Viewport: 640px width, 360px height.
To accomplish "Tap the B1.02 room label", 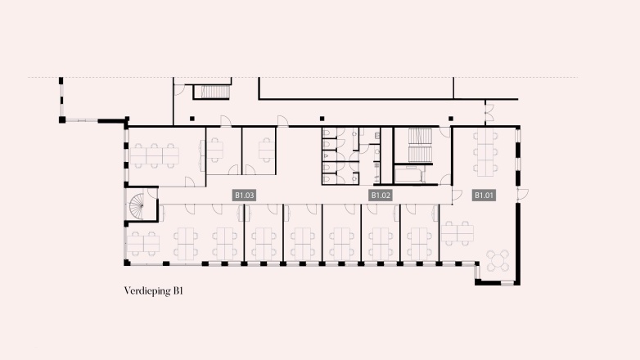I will click(x=381, y=196).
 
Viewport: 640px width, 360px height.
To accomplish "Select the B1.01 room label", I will click(x=485, y=196).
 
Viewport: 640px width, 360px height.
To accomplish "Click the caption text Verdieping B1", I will click(x=152, y=291).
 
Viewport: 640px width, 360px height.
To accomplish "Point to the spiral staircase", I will click(x=142, y=205).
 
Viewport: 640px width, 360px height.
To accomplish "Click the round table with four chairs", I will click(x=497, y=261).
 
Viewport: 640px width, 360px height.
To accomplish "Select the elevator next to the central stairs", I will click(x=408, y=173).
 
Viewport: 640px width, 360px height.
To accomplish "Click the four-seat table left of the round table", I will click(x=457, y=234).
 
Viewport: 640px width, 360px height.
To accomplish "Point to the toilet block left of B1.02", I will click(x=335, y=155).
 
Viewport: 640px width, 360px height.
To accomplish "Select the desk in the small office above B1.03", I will click(x=267, y=150).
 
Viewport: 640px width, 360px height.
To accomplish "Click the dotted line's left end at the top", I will click(x=29, y=78).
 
